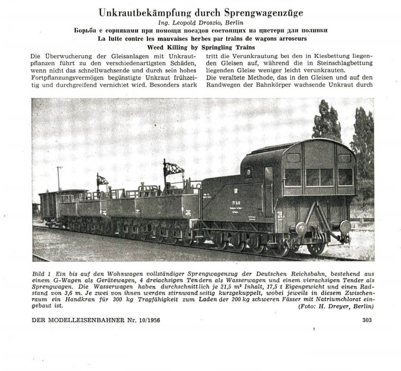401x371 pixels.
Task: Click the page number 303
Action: click(x=366, y=320)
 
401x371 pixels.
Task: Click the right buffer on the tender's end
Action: click(x=345, y=227)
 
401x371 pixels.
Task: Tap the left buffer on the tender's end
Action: click(x=301, y=228)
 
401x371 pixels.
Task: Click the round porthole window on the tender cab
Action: click(x=248, y=173)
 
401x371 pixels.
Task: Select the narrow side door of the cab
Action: click(x=268, y=191)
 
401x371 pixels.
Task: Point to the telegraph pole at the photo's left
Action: click(x=59, y=178)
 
